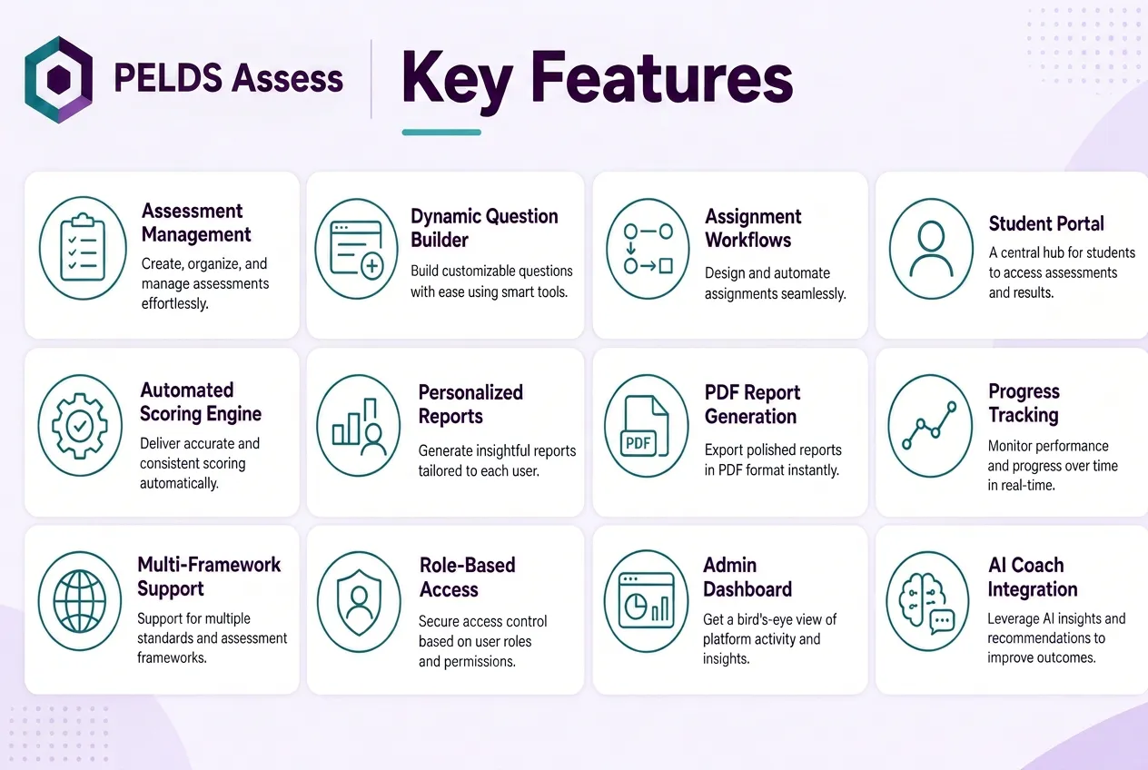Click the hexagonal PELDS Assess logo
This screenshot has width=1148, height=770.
pos(58,79)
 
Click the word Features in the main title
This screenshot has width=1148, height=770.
pos(661,79)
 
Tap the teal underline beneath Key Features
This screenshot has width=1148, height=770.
pos(441,133)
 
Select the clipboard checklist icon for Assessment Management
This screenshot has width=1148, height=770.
pos(83,248)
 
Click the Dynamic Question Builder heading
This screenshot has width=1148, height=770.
pos(484,228)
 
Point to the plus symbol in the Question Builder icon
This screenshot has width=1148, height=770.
pos(372,266)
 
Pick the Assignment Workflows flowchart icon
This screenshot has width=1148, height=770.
pos(648,249)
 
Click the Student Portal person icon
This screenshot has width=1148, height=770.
pos(931,249)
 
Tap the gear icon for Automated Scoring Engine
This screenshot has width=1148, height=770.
pos(80,426)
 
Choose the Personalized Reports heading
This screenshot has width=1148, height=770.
pos(470,404)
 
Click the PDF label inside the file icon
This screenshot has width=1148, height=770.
pos(638,442)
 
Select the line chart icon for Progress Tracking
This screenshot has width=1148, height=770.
pos(929,426)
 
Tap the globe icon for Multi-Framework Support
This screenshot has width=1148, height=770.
pos(80,601)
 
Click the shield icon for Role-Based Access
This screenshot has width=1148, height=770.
pos(359,602)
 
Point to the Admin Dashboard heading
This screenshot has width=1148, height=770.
pos(747,577)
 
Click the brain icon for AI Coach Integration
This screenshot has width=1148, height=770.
pos(926,601)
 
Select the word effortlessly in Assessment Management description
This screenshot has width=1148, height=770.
pos(174,304)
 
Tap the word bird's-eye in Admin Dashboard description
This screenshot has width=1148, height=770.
pos(770,619)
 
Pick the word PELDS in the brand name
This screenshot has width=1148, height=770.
pos(168,78)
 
